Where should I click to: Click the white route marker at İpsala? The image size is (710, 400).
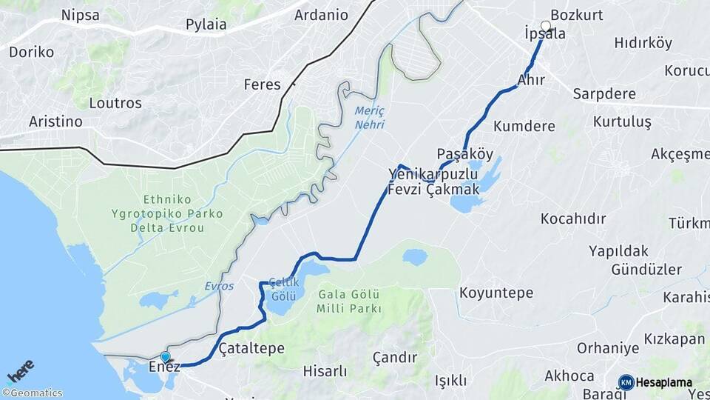546,27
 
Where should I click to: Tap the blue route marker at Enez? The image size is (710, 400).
165,357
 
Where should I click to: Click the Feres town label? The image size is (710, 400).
263,84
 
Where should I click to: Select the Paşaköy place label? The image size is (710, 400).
464,154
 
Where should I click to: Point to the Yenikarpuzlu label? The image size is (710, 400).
433,174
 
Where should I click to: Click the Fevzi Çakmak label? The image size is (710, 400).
434,190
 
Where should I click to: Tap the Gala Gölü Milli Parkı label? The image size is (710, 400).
349,301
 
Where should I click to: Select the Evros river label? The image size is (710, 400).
219,286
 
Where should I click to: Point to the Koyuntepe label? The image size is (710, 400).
496,293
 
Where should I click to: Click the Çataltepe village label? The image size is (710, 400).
251,347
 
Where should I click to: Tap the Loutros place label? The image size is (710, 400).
115,103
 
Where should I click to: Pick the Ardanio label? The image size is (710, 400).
321,15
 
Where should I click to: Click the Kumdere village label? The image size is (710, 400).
524,126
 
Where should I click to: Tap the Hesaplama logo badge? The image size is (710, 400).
655,383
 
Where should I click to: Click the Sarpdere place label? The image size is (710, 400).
604,95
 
